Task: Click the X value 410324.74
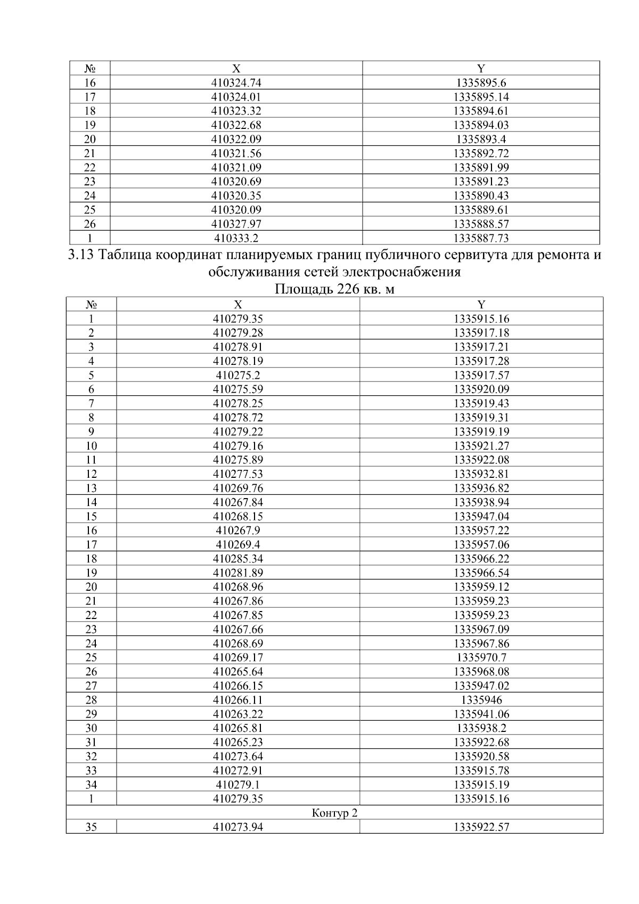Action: (236, 83)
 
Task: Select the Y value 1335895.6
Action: (481, 83)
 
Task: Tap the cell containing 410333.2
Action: (236, 238)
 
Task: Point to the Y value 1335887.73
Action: (481, 238)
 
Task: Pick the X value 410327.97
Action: (236, 224)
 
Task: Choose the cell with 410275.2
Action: (238, 375)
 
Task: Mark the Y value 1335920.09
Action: (481, 389)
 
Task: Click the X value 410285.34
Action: (238, 559)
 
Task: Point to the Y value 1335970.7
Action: (481, 657)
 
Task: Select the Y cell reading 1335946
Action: (481, 700)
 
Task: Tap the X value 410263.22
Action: (238, 714)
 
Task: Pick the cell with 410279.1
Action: (238, 785)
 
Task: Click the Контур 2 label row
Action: (334, 813)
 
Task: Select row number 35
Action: (91, 827)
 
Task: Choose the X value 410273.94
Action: (238, 827)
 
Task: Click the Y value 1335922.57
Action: (481, 827)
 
